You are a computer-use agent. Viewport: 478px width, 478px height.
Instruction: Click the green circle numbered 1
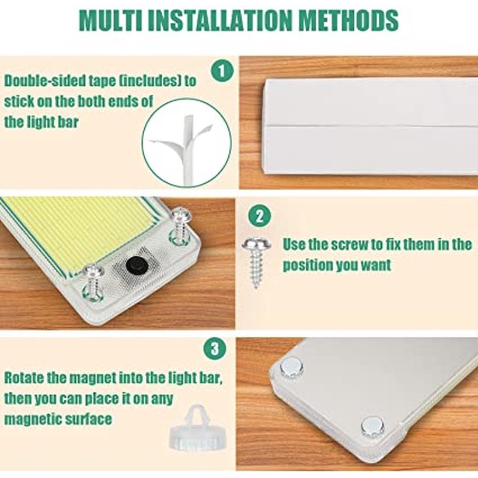pos(222,71)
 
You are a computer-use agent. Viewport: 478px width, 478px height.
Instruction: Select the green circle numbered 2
pos(259,216)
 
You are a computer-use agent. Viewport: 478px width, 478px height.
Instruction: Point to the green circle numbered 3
pos(215,348)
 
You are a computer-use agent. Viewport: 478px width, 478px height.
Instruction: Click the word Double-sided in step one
pos(44,81)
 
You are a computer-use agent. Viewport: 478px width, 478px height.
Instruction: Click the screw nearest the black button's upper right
pos(180,225)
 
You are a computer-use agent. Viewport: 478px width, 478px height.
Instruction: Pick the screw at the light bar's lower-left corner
pos(93,282)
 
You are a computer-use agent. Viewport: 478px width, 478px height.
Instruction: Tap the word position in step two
pos(308,266)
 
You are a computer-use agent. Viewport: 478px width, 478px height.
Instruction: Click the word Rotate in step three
pos(24,378)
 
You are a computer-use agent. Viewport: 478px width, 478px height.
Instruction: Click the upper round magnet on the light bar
pos(291,367)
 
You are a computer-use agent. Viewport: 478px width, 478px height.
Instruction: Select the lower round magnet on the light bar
pos(372,426)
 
